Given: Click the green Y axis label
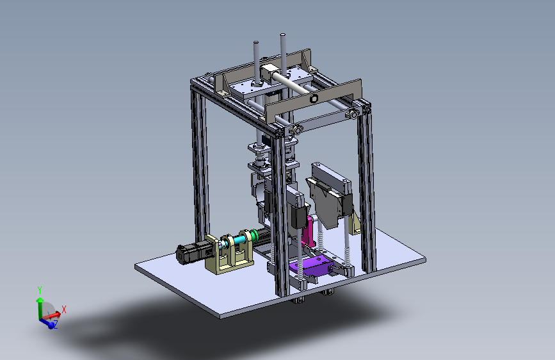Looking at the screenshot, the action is point(40,290).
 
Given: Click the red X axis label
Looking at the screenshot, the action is point(64,309).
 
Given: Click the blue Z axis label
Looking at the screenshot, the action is point(55,324).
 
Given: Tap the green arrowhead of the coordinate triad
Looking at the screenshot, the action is point(40,300).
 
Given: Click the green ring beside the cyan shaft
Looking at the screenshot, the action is point(253,235).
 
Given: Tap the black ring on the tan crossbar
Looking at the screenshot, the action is point(314,99).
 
